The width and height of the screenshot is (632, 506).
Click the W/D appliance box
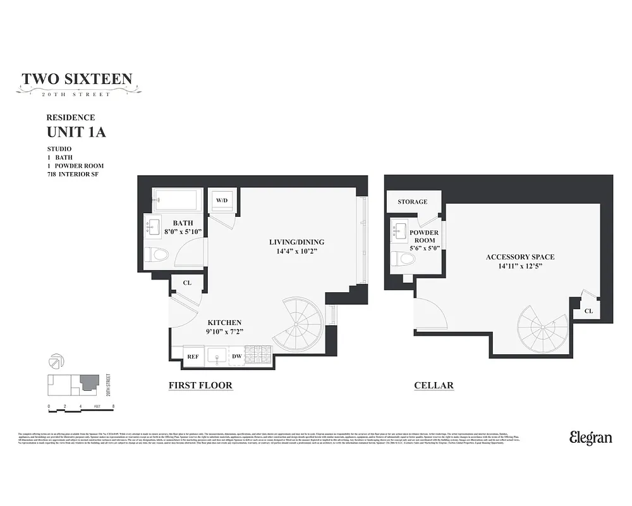(222, 201)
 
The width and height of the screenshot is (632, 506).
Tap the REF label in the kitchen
(193, 357)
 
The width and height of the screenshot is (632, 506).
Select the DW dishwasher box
(237, 357)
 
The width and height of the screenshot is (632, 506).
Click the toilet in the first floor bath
(157, 255)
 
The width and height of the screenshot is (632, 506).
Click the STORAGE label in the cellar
(412, 202)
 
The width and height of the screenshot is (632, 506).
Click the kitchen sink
(217, 355)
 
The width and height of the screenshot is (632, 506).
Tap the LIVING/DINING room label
(296, 242)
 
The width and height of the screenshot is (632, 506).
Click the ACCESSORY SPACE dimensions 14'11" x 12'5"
(520, 266)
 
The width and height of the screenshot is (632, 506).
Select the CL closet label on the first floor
(187, 283)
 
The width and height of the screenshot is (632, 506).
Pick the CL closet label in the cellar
(588, 311)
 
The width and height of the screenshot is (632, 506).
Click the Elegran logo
(590, 438)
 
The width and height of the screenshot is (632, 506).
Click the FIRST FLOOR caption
(200, 385)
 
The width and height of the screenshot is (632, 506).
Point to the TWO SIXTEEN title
(77, 79)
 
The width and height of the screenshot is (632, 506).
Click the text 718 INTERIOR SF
(73, 174)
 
